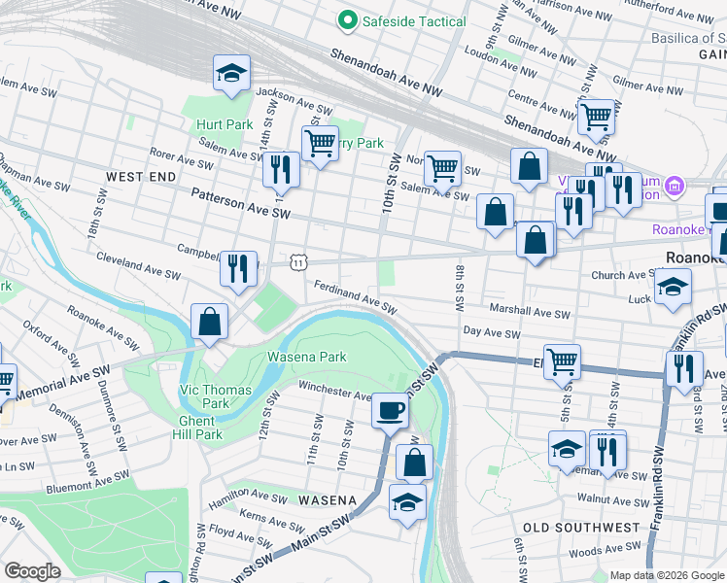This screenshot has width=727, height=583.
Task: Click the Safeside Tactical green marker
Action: point(345,20)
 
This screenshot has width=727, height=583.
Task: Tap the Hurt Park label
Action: point(225,124)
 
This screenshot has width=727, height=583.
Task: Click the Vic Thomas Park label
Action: point(215,396)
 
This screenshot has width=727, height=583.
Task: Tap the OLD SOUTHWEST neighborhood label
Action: point(581,528)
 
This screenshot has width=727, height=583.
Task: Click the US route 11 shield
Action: point(299,262)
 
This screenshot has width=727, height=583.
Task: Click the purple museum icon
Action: point(674,185)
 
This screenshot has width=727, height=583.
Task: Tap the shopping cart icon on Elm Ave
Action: point(562,361)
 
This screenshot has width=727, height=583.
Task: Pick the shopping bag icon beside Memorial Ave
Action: point(209,321)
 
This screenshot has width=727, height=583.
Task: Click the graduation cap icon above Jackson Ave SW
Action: point(231,73)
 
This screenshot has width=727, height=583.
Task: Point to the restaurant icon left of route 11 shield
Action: point(238,267)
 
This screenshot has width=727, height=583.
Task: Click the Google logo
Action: point(32,571)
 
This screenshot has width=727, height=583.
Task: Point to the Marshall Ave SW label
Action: point(530,313)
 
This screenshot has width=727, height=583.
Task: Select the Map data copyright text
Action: point(667,575)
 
